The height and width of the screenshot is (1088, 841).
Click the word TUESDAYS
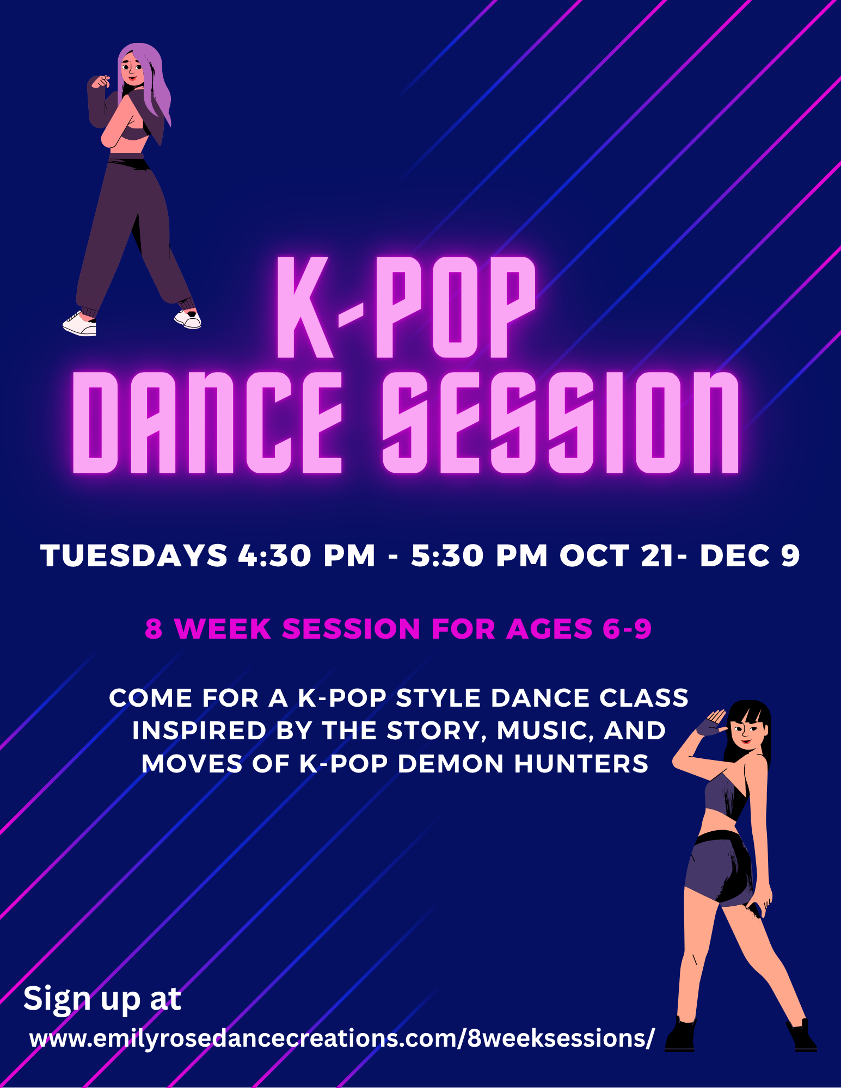(x=134, y=555)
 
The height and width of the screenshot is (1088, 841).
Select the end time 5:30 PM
(x=479, y=555)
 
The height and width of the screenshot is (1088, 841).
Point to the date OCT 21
(x=617, y=555)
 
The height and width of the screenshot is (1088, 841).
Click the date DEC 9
(x=750, y=555)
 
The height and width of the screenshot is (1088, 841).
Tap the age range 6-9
(x=627, y=629)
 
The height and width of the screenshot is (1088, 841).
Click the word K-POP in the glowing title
(x=407, y=307)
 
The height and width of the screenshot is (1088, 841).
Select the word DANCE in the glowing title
(x=207, y=423)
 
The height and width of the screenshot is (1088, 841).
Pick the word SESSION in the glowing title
(x=561, y=423)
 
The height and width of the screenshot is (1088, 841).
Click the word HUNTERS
(x=581, y=764)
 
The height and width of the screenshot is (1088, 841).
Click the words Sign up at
(x=102, y=999)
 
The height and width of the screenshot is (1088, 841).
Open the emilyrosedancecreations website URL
(x=342, y=1038)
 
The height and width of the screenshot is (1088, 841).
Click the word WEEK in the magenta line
(x=222, y=629)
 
